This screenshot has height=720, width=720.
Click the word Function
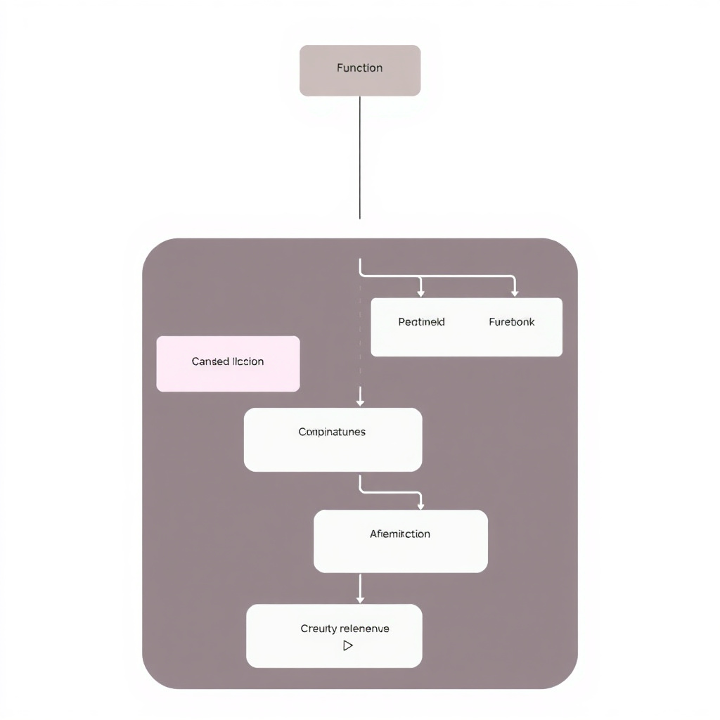pos(359,68)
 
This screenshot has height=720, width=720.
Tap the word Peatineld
pos(421,322)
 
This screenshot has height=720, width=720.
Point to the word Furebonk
pos(511,322)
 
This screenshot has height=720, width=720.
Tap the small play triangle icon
pos(347,645)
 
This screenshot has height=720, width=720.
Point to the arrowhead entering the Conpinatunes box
pos(360,402)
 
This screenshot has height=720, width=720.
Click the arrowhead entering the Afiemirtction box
pos(420,504)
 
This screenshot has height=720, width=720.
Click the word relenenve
pos(364,629)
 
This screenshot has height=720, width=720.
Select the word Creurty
pos(319,629)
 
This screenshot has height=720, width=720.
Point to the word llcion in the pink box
pos(247,361)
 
